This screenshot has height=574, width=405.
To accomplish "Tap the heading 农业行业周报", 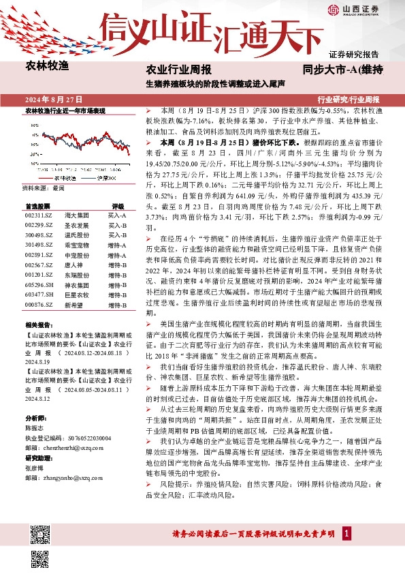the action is pyautogui.click(x=179, y=70).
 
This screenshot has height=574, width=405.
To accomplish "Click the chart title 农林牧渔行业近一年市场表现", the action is pyautogui.click(x=65, y=110).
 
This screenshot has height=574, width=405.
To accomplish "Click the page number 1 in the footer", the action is pyautogui.click(x=346, y=551).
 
